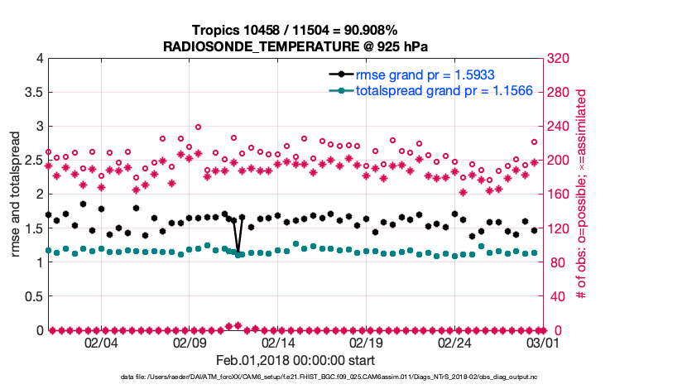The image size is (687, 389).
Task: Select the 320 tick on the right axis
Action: coord(558,59)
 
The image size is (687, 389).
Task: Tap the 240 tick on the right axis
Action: coord(558,127)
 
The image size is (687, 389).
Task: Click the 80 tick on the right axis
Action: coord(555,263)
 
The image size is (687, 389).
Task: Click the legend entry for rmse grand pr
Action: coord(422,74)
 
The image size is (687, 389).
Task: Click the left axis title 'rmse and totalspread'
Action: coord(16,194)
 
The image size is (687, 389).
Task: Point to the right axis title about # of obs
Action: coord(583,194)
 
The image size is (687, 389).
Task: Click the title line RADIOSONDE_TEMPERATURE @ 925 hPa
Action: coord(295,46)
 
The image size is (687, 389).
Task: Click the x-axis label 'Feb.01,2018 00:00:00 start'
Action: coord(295,361)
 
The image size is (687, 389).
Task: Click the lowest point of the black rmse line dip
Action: coord(238,252)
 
